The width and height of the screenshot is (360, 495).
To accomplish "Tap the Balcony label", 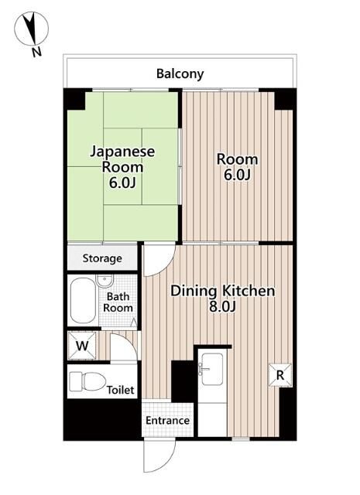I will (x=180, y=74).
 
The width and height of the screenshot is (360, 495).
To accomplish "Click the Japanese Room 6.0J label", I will (x=122, y=167).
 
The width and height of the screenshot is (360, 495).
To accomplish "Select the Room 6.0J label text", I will (x=236, y=167).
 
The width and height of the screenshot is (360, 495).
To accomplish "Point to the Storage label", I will (x=101, y=258).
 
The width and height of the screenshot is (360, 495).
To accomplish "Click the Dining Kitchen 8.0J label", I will (x=222, y=299).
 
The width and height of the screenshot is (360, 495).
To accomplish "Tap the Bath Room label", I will (x=118, y=302).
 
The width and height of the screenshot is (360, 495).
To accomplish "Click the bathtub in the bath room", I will (x=81, y=302).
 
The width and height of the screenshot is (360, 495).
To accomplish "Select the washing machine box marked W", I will (x=81, y=346).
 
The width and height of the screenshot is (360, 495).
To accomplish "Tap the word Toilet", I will (x=121, y=391).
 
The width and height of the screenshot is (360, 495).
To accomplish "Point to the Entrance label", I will (x=167, y=420).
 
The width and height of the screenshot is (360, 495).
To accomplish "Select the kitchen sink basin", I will (x=211, y=369).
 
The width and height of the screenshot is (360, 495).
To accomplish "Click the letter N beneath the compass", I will (x=36, y=52).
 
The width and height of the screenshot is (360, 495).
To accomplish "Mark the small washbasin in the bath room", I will (x=110, y=281).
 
